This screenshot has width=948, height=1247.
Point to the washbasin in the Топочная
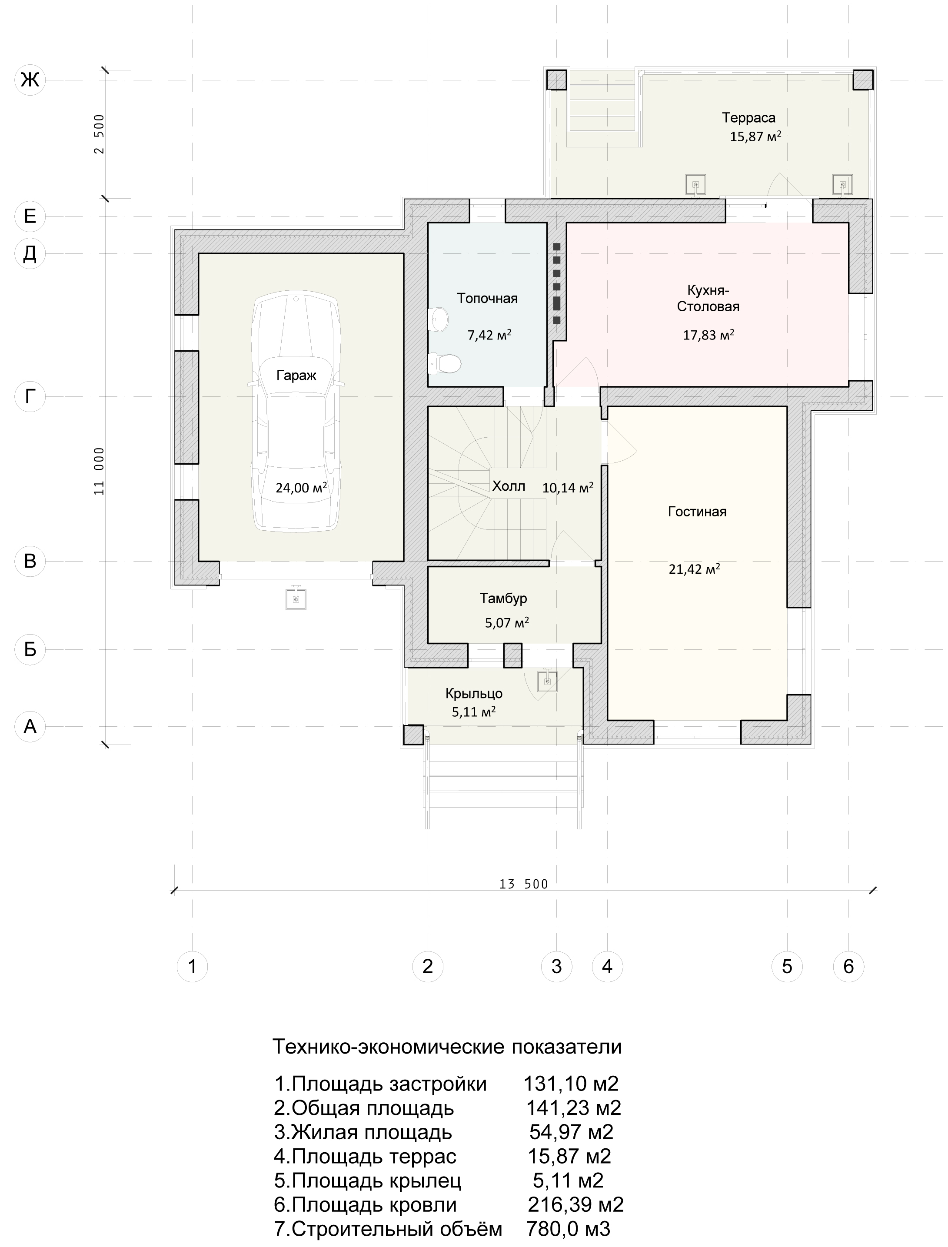click(439, 319)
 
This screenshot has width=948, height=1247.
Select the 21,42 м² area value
click(695, 569)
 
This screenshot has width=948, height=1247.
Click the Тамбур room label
click(503, 598)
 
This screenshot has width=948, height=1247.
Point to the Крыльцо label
click(474, 693)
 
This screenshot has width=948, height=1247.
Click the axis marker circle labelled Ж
click(30, 80)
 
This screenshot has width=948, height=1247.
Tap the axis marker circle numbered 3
click(556, 967)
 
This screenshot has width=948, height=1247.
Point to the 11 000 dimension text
click(99, 472)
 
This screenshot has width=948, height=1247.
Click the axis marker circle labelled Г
click(30, 397)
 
